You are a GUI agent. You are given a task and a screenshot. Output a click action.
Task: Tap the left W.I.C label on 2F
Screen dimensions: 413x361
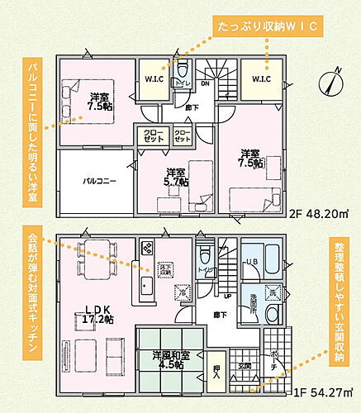coord(153,80)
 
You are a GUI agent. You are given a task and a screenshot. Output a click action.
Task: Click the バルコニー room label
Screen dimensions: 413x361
coord(97,178)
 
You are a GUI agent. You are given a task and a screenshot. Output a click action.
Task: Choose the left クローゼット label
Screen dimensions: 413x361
coord(151,135)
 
